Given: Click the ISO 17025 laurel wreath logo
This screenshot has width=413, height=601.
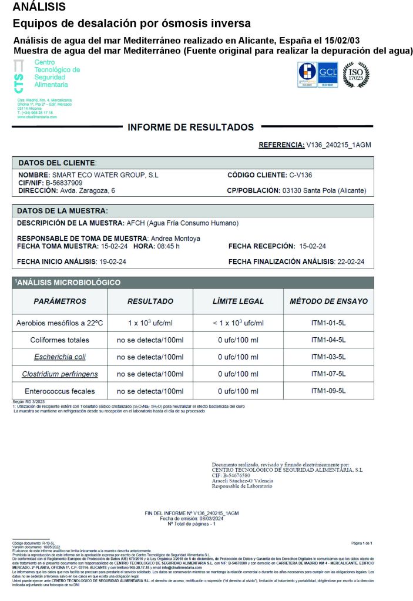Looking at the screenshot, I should (x=356, y=75).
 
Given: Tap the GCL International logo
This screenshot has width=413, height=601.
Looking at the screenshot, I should (x=327, y=75).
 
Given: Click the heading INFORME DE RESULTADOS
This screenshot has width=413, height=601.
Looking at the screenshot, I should (x=191, y=127).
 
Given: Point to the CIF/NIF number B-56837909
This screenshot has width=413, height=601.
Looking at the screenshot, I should (x=64, y=183).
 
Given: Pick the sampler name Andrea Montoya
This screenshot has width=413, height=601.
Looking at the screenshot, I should (x=176, y=239).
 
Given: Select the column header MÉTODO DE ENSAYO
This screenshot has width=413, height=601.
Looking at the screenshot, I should (x=328, y=301).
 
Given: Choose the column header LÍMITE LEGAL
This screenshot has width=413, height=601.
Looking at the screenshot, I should (x=238, y=301).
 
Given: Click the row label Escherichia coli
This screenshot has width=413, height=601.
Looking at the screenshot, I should (x=60, y=357).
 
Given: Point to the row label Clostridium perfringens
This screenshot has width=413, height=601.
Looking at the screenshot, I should (x=60, y=374).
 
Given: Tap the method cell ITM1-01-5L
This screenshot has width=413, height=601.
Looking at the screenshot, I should (x=328, y=323).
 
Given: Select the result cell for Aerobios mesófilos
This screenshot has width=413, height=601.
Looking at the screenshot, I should (x=150, y=323).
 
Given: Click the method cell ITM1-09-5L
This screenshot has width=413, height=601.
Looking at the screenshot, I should (x=328, y=391).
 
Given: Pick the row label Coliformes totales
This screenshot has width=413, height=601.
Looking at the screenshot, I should (x=60, y=340).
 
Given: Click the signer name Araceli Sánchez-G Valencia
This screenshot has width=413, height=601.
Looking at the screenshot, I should (x=243, y=481).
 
